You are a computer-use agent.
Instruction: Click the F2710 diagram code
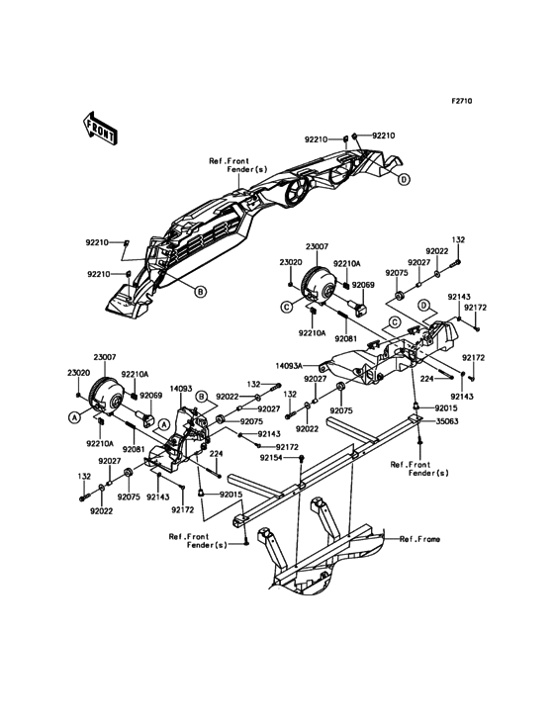coord(462,101)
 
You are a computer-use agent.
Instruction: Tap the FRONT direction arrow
coord(100,128)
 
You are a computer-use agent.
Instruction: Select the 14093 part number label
coord(181,389)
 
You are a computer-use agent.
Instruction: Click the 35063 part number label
coord(447,421)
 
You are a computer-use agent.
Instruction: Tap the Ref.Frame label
coord(419,539)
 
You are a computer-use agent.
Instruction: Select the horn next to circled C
coord(319,285)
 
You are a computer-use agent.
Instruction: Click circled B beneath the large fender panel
coord(200,292)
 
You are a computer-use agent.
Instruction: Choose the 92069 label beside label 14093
coord(151,396)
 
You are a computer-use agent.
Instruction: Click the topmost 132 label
coord(458,240)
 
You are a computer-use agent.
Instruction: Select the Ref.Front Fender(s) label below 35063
coord(419,469)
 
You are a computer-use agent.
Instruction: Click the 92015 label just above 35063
coord(445,408)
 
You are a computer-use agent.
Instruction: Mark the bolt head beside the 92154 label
coord(301,458)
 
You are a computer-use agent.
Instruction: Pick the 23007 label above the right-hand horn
coord(317,246)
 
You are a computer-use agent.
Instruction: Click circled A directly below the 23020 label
coord(73,417)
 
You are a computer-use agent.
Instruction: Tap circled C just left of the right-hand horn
coord(287,307)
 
